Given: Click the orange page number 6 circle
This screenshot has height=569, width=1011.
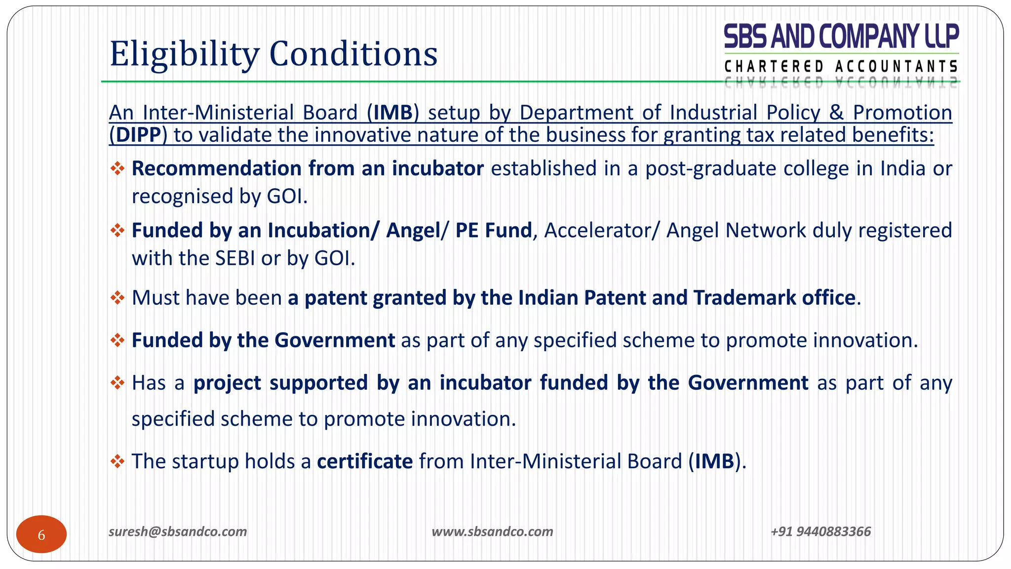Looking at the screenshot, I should pos(41,534).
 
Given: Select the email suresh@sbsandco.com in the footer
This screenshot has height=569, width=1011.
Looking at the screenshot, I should pos(178,531).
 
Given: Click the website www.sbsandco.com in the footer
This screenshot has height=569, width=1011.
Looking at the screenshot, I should pos(492,531).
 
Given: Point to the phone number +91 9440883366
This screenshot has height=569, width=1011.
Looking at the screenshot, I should pos(820,531).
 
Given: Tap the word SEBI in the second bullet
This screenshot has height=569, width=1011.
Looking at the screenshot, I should pos(235,258).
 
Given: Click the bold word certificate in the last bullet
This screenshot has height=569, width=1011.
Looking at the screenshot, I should pos(365,461).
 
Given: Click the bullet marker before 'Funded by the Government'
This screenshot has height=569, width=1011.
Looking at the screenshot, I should pos(117,340).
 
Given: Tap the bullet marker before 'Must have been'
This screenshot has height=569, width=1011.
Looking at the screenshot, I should pos(117,298).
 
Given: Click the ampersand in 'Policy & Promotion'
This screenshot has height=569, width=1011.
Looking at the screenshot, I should pos(836,113).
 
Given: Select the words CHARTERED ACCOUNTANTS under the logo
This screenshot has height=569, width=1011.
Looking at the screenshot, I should pos(841,66).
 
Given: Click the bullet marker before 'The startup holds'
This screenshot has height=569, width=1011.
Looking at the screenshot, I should pos(117,461).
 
